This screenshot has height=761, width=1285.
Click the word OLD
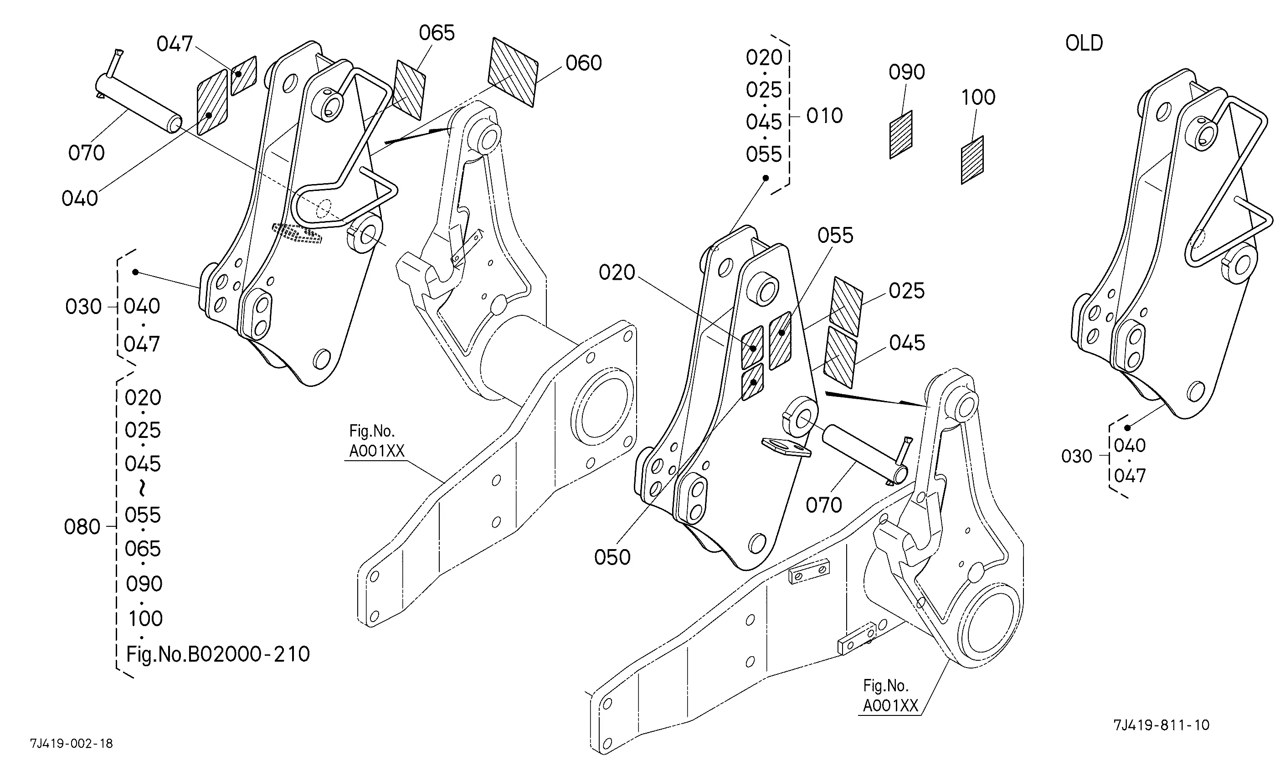point(1084,43)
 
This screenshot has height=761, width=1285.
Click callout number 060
point(584,63)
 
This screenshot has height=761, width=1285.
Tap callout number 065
point(437,33)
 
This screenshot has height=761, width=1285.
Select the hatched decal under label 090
point(900,135)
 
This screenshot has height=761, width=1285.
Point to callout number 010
point(824,116)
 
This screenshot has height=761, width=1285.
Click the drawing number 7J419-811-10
point(1161,725)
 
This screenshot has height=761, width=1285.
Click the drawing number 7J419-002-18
point(71,744)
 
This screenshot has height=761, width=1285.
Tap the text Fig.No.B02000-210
point(218,654)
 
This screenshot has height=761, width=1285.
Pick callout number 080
point(82,527)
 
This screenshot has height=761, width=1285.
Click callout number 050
point(612,557)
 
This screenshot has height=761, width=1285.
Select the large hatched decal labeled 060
point(513,72)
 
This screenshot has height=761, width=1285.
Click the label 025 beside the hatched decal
point(907,291)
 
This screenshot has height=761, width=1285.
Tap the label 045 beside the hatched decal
point(907,343)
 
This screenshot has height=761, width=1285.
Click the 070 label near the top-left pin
point(86,153)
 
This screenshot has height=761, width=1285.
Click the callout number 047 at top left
point(175,44)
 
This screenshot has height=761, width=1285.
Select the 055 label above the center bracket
point(835,236)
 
